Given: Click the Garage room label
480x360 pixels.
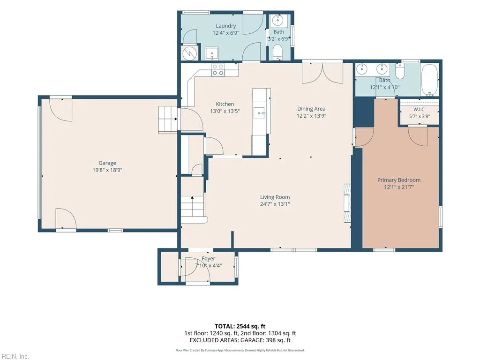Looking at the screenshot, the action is pyautogui.click(x=107, y=163).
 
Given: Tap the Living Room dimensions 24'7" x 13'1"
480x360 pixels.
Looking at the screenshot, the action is pyautogui.click(x=275, y=204).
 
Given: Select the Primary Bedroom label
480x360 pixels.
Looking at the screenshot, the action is pyautogui.click(x=399, y=180).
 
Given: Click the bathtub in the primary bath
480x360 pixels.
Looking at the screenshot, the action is pyautogui.click(x=430, y=80).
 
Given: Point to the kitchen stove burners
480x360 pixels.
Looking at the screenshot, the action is pyautogui.click(x=218, y=70).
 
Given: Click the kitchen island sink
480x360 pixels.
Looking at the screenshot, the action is pyautogui.click(x=261, y=113).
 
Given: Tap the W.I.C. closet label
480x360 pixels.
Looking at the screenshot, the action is pyautogui.click(x=420, y=109).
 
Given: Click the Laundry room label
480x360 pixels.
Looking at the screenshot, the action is pyautogui.click(x=226, y=26).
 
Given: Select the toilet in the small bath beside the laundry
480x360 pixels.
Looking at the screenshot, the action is pyautogui.click(x=277, y=52).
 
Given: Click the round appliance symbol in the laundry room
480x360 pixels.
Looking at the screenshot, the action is pyautogui.click(x=189, y=54).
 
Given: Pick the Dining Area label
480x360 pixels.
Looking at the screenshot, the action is pyautogui.click(x=311, y=109).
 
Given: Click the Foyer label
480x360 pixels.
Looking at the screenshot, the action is pyautogui.click(x=208, y=259).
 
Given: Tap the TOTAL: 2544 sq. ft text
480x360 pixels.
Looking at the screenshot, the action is pyautogui.click(x=240, y=326).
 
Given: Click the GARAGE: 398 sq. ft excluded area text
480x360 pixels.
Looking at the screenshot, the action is pyautogui.click(x=266, y=340).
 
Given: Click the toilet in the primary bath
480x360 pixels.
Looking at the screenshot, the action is pyautogui.click(x=400, y=71).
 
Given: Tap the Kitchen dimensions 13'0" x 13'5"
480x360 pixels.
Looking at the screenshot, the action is pyautogui.click(x=225, y=111).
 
